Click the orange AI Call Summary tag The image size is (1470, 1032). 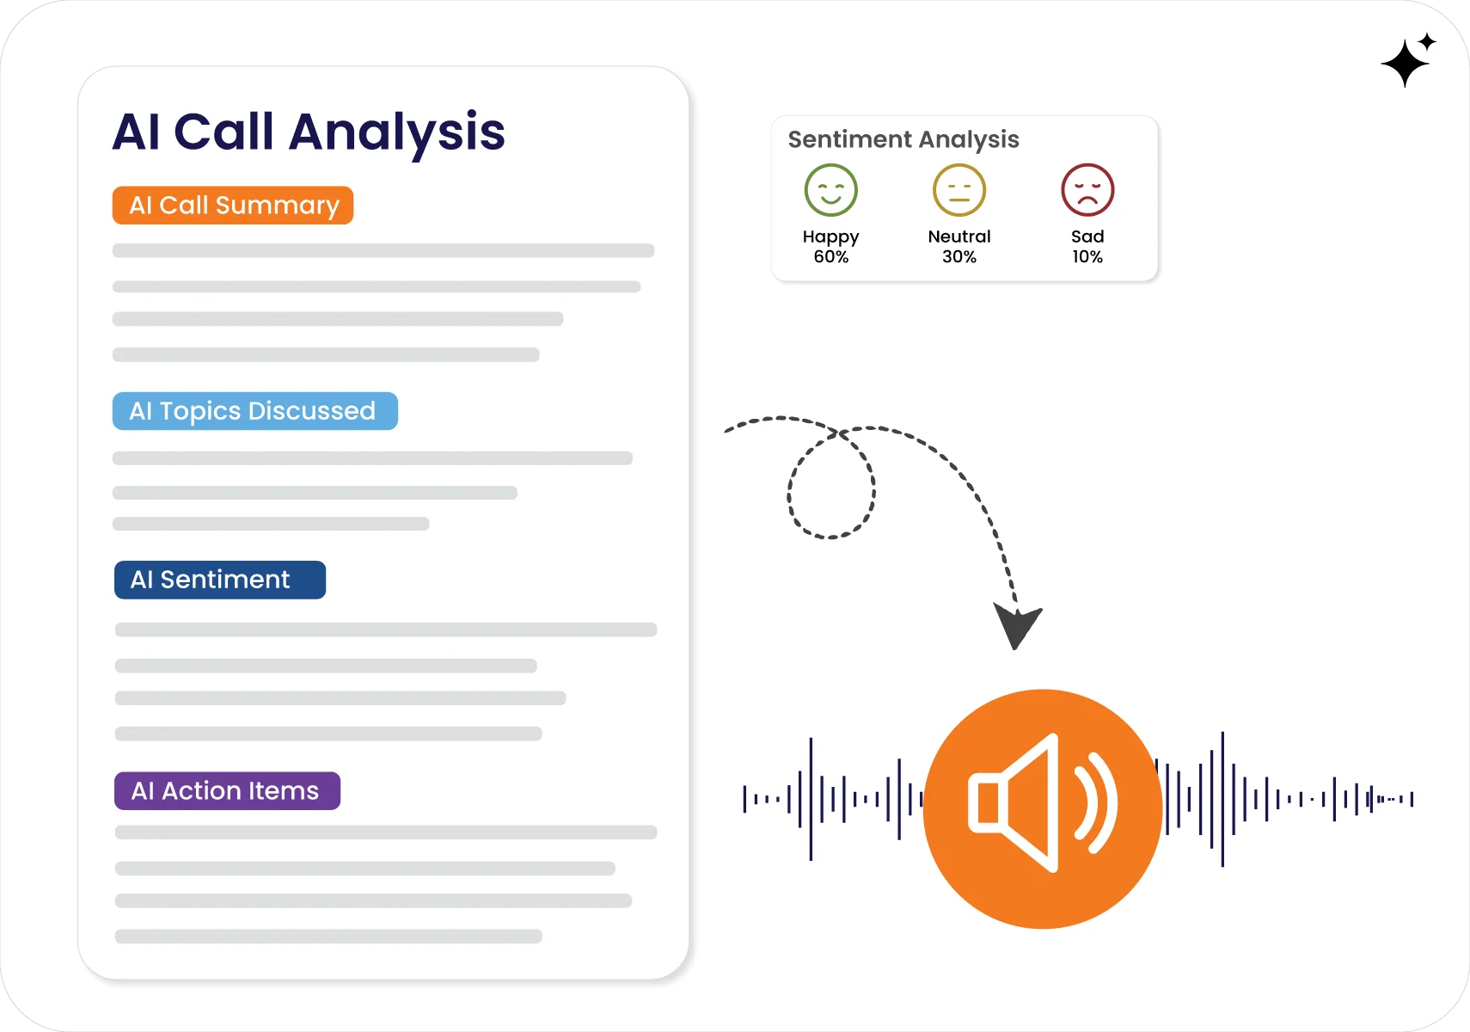click(233, 206)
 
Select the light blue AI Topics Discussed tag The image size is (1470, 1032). click(254, 411)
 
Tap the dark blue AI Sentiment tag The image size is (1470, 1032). click(220, 580)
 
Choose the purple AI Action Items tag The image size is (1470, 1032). click(227, 790)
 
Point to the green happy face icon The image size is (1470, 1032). click(830, 190)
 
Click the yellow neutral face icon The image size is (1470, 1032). click(959, 190)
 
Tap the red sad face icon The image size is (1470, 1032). click(1087, 190)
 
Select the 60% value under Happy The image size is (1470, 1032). click(830, 257)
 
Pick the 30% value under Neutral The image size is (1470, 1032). click(959, 257)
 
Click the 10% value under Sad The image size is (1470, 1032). click(1087, 257)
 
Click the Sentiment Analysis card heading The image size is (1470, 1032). click(903, 139)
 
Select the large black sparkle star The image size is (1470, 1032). click(1405, 63)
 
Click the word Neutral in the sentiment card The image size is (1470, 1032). click(959, 236)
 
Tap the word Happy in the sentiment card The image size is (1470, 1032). click(830, 236)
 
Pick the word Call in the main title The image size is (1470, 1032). click(224, 132)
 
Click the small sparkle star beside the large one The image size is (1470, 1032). click(1428, 41)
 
